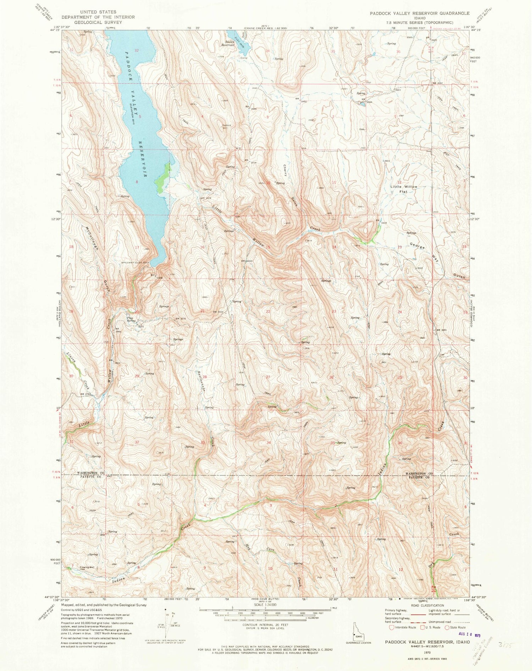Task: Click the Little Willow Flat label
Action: pyautogui.click(x=404, y=189)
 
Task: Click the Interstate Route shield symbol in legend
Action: pyautogui.click(x=392, y=627)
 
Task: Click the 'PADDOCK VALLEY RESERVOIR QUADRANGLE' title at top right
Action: pyautogui.click(x=419, y=13)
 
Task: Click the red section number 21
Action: pyautogui.click(x=203, y=311)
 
